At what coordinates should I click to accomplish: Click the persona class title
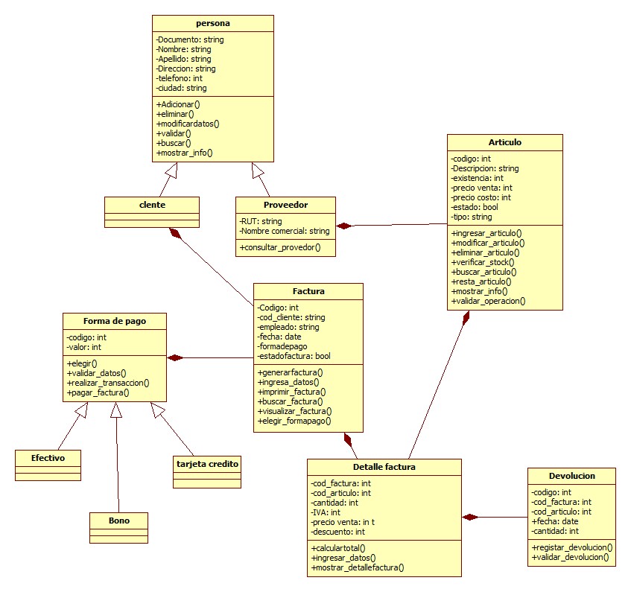coord(212,24)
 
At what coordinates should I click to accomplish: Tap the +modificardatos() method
coord(188,124)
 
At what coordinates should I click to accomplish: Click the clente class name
coord(152,204)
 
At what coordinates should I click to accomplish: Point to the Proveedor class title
coord(285,205)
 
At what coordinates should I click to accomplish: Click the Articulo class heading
coord(504,142)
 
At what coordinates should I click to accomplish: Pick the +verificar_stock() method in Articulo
coord(483,262)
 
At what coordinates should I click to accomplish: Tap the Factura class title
coord(308,291)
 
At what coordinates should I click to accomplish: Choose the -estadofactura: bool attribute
coord(294,356)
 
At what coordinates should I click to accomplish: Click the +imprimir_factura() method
coord(291,391)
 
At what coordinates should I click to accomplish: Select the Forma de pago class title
coord(115,321)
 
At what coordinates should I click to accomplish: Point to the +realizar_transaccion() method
coord(108,382)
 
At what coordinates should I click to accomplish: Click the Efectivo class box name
coord(48,458)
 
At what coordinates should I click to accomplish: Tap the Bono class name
coord(118,521)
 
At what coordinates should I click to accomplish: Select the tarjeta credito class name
coord(207,463)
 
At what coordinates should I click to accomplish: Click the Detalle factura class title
coord(384,467)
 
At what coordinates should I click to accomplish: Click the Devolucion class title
coord(571,475)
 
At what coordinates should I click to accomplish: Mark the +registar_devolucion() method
coord(571,547)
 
